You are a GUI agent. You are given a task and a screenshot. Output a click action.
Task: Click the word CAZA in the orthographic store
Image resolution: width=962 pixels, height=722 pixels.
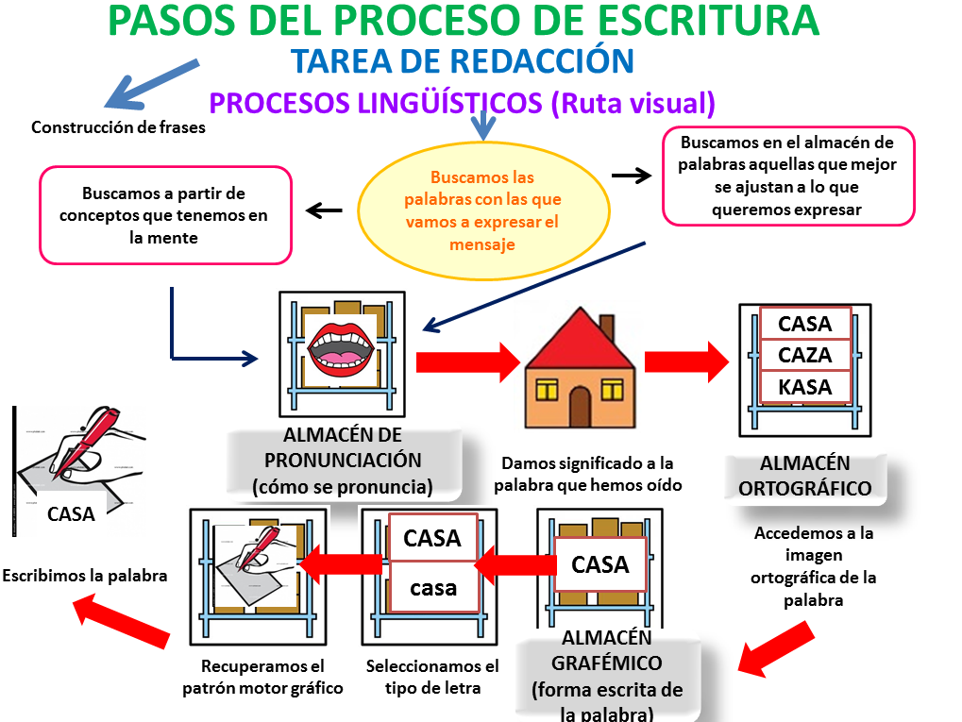[x=804, y=356]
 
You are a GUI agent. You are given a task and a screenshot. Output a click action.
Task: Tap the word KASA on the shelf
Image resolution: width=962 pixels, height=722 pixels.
[x=804, y=387]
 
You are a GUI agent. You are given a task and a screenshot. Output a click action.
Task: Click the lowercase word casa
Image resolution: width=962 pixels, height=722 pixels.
[x=433, y=588]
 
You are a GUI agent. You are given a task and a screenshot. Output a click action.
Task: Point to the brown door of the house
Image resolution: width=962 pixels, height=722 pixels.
[x=580, y=407]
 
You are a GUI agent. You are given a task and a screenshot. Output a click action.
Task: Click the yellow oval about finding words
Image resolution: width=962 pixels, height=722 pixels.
[x=482, y=210]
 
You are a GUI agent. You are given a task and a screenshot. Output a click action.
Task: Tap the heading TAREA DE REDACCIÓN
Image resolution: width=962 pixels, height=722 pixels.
[x=463, y=61]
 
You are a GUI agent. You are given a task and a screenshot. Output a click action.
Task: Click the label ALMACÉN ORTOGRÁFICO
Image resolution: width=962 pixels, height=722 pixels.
[x=805, y=477]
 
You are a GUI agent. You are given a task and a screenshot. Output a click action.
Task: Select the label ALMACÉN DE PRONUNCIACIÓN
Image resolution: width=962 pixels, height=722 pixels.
[x=343, y=461]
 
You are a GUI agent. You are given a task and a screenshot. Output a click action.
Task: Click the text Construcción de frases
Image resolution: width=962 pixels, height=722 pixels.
[x=118, y=127]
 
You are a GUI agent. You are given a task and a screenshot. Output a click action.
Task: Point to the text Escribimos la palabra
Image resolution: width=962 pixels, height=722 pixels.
[x=85, y=575]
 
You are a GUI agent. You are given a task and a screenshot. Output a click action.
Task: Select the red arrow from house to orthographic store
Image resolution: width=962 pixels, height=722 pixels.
[x=687, y=361]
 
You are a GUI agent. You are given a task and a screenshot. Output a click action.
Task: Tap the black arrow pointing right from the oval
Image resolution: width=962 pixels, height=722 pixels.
[x=632, y=176]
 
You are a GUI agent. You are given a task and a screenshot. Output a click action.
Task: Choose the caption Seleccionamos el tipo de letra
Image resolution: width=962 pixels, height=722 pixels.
[x=432, y=676]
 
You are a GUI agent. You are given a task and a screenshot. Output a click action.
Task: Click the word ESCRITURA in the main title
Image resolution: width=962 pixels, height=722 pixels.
[x=713, y=21]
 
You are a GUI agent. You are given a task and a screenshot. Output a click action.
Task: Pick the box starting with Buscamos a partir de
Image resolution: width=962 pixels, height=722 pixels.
[x=164, y=215]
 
